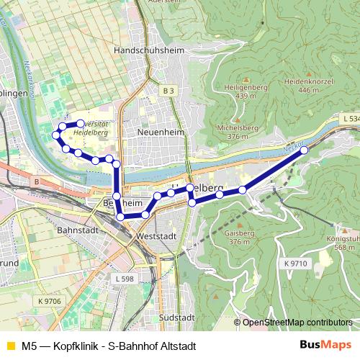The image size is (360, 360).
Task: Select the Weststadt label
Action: click(156, 235)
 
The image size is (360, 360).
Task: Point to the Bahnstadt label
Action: click(76, 233)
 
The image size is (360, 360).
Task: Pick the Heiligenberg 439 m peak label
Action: click(246, 90)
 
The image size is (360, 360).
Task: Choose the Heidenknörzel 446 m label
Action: click(307, 85)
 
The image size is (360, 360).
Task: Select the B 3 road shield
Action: click(168, 91)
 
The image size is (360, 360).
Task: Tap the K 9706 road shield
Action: click(50, 301)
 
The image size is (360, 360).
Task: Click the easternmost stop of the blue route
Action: click(304, 150)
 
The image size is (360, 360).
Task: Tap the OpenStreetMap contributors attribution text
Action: click(297, 322)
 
